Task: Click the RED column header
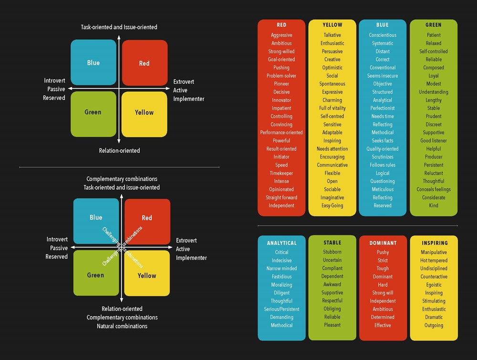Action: coord(281,25)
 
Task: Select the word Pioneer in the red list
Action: coord(281,84)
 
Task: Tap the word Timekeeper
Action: coord(281,173)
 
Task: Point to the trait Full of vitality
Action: coord(332,108)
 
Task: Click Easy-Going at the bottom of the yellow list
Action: coord(332,206)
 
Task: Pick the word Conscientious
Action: coord(383,35)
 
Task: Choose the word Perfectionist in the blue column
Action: coord(383,108)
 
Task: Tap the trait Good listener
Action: coord(434,141)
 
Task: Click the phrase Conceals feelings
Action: coord(434,190)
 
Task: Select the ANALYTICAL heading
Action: coord(281,243)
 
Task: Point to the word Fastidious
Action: coord(281,277)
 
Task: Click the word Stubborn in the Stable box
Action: coord(332,252)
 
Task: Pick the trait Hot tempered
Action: coord(434,261)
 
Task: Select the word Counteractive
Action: coord(434,277)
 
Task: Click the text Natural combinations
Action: coord(122,326)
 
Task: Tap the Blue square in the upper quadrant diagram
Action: coord(93,63)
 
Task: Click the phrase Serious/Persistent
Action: coord(281,309)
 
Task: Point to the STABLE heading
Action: coord(332,243)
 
